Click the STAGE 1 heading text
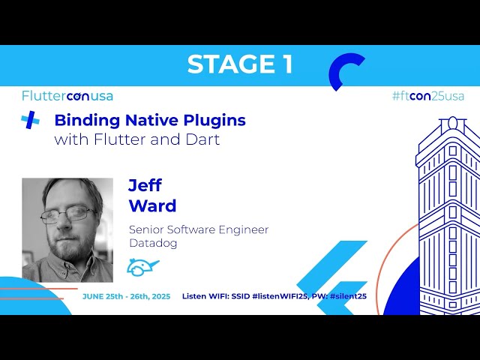click(239, 64)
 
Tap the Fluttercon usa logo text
click(67, 96)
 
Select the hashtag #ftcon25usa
click(428, 96)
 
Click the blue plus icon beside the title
click(30, 120)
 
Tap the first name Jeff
click(145, 184)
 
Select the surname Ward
click(152, 205)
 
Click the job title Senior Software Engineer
click(199, 229)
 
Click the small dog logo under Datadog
click(142, 266)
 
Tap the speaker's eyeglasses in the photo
click(67, 215)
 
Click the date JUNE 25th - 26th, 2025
click(126, 296)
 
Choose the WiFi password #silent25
click(348, 296)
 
